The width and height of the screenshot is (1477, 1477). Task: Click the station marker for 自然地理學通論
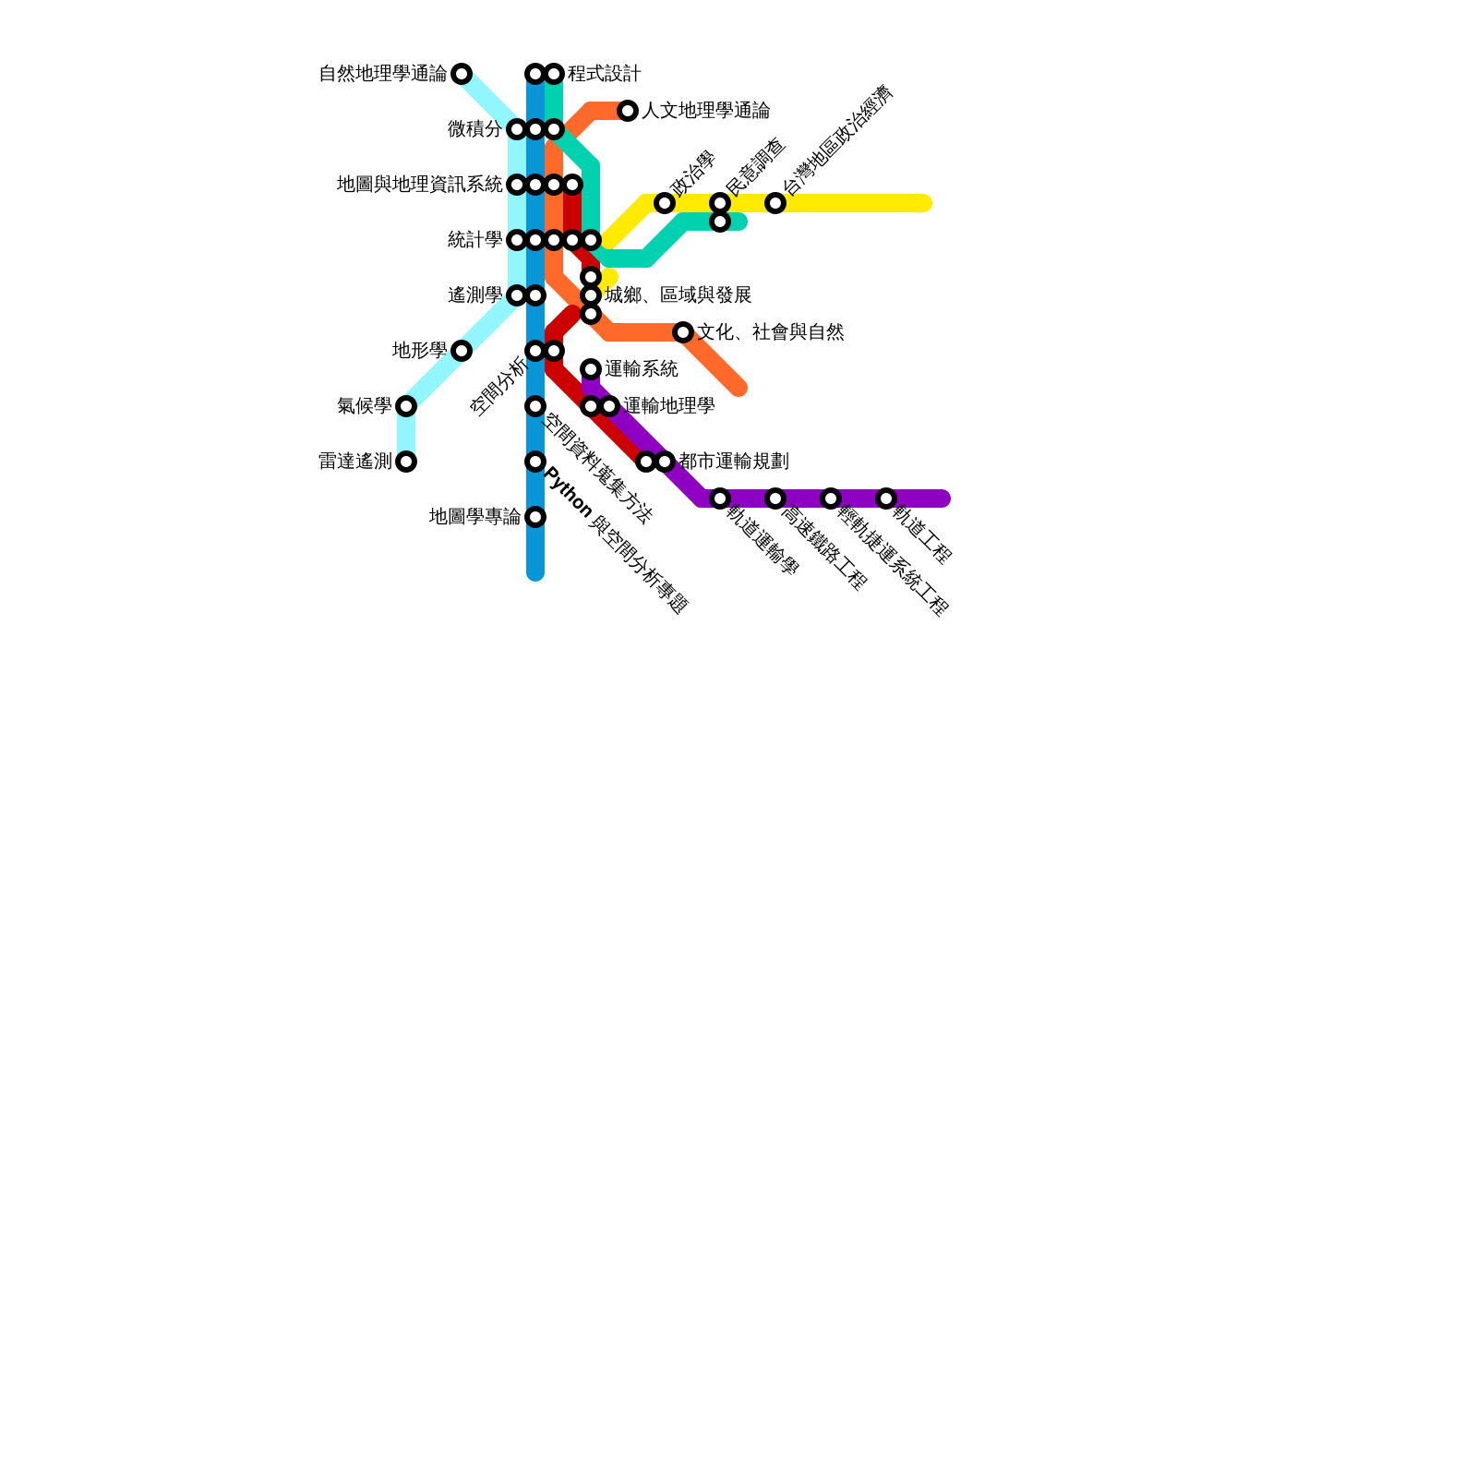(462, 74)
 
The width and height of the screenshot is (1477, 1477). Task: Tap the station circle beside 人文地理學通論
(628, 111)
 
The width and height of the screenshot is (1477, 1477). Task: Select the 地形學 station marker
(462, 351)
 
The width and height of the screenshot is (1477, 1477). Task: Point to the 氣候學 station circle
(406, 406)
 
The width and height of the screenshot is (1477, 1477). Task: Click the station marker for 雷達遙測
(406, 462)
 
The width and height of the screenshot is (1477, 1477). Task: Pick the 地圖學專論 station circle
(535, 517)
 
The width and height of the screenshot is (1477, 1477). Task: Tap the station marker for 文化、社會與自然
(683, 332)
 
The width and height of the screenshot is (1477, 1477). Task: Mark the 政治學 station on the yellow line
(665, 203)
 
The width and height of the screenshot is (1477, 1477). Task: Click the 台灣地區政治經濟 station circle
(775, 203)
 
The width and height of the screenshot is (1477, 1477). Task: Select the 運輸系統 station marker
(591, 369)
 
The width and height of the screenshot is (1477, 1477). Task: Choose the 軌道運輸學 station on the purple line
(720, 498)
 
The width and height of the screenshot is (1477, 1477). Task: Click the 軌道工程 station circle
(886, 498)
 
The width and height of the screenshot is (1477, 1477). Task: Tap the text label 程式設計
(604, 74)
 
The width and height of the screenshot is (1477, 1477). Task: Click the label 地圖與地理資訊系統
(419, 185)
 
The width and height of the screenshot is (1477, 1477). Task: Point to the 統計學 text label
(474, 240)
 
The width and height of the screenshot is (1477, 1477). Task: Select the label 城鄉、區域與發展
(678, 295)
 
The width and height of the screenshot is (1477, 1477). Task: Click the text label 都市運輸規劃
(733, 462)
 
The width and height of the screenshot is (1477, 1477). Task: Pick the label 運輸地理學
(668, 406)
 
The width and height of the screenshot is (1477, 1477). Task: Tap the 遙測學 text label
(474, 295)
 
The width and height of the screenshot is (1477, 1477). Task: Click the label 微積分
(474, 129)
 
